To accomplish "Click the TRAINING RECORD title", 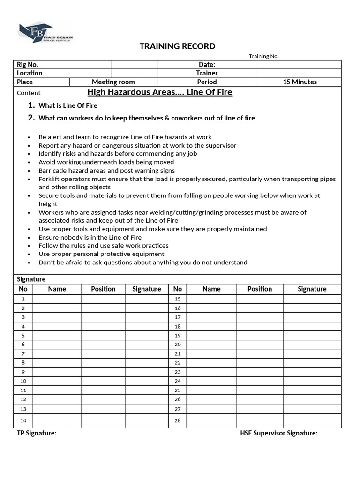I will tap(178, 46).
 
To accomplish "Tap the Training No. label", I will tap(263, 56).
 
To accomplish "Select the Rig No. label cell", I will tap(28, 65).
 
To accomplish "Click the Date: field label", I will tap(207, 65).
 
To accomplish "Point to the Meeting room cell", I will tap(113, 82).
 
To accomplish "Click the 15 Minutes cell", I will tap(300, 82).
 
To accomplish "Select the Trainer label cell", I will tap(207, 73).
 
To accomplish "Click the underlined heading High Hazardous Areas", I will tap(160, 92).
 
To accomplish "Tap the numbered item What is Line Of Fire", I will tap(67, 105).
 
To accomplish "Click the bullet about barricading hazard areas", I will tap(106, 171).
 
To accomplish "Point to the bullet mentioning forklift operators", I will tap(187, 179).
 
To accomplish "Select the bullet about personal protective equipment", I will tap(101, 254).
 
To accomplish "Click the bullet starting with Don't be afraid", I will tap(142, 262).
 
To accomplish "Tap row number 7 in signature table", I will tap(23, 353).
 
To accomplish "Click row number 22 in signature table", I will tap(177, 363).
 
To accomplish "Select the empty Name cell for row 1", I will tap(57, 299).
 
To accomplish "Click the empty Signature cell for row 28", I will tap(312, 420).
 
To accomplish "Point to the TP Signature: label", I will tap(37, 433).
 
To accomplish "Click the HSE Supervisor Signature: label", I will tap(278, 433).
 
